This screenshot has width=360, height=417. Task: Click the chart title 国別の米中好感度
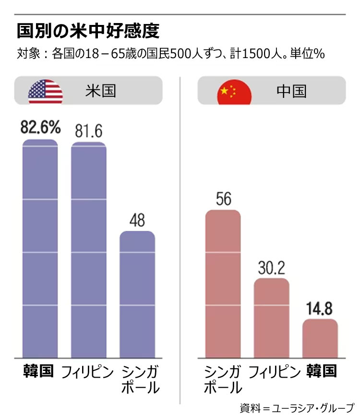pos(88,30)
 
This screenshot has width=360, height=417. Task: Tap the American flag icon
pos(46,91)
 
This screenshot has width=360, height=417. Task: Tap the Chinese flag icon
pos(234,91)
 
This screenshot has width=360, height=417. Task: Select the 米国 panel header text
pos(101,91)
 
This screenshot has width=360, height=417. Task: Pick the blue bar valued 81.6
pos(88,250)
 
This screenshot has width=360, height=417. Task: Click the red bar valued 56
pos(223,283)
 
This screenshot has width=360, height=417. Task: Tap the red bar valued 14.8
pos(320,338)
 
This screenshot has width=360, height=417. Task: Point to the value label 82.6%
pos(41,128)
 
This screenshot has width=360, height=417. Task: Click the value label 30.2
pos(271,268)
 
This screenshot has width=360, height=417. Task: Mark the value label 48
pos(137,220)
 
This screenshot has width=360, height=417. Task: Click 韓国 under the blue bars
pos(39,371)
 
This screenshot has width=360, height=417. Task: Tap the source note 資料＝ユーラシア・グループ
pos(297,408)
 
